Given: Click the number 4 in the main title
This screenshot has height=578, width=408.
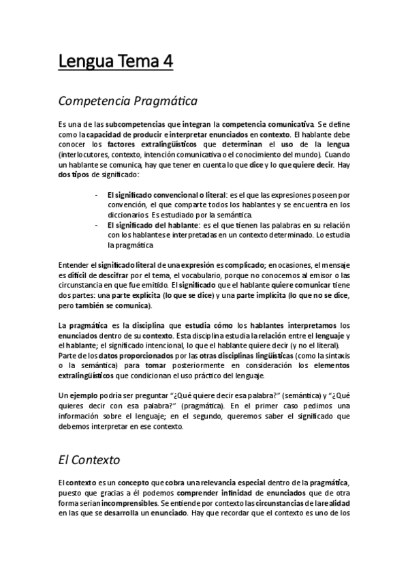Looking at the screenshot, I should coord(166,63).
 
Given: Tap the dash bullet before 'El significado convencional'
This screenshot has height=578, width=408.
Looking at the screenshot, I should coord(95,195).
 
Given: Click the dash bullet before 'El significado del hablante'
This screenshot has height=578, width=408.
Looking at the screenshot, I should coord(95,224).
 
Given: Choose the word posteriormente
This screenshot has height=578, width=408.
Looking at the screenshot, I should coord(185,367).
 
